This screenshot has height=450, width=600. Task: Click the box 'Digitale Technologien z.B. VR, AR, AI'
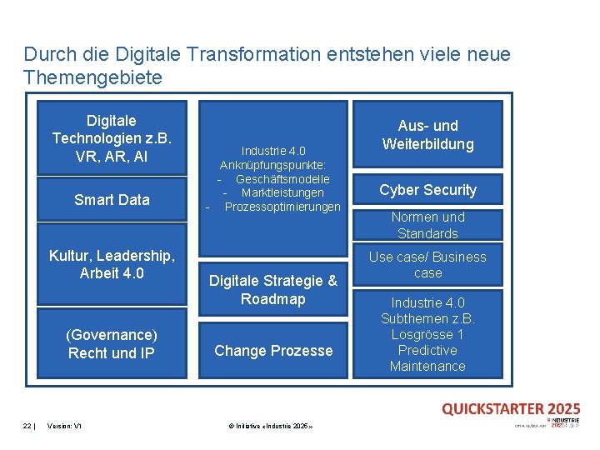click(x=112, y=138)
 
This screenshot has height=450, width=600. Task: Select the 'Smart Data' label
click(x=112, y=199)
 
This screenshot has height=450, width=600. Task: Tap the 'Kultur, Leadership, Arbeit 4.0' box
click(x=112, y=264)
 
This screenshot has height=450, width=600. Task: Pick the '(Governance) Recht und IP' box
click(x=112, y=343)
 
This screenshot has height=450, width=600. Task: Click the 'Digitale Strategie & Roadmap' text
click(x=273, y=289)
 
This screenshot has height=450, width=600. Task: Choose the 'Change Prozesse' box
click(x=273, y=350)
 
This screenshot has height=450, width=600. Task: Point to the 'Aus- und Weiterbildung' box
click(x=427, y=135)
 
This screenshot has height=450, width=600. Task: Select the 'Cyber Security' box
click(x=427, y=190)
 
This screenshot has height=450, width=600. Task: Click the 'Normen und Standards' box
click(x=427, y=225)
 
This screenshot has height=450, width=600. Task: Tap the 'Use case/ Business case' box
click(x=427, y=264)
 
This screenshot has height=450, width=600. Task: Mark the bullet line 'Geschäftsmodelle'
click(x=282, y=178)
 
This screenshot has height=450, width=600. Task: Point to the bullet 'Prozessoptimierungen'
click(x=282, y=206)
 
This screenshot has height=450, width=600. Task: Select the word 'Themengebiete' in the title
click(x=92, y=77)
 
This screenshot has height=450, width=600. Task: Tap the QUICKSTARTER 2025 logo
click(x=511, y=408)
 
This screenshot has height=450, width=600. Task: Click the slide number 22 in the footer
click(x=27, y=426)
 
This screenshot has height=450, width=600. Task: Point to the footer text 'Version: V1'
click(x=64, y=426)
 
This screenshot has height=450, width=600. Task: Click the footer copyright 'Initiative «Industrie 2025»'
click(x=270, y=426)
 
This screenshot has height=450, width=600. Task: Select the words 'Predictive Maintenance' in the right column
click(x=427, y=358)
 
